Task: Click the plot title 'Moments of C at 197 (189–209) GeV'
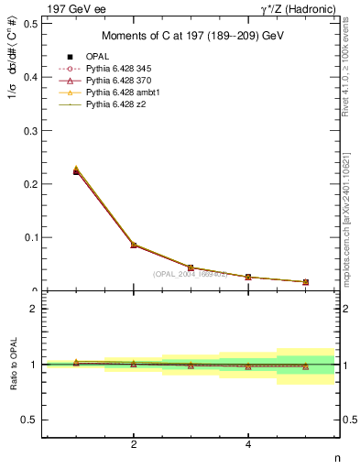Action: tap(190, 36)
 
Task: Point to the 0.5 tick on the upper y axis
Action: tap(30, 24)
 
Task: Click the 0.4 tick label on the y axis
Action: tap(30, 77)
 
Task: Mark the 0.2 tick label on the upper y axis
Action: tap(30, 184)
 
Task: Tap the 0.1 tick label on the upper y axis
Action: tap(30, 237)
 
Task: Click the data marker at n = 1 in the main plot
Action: tap(76, 171)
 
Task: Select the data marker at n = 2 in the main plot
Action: tap(134, 245)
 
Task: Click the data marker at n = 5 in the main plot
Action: tap(305, 282)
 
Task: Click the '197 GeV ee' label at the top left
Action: tap(74, 8)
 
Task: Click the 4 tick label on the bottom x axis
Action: tap(248, 445)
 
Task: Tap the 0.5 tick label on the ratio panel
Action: tap(30, 420)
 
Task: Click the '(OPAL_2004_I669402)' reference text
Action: tap(190, 273)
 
